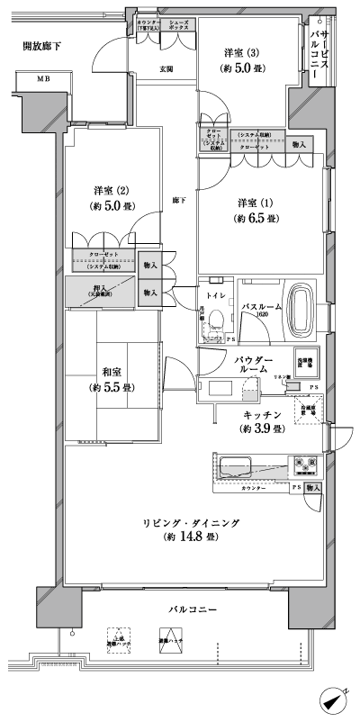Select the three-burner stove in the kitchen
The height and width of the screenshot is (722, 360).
(303, 466)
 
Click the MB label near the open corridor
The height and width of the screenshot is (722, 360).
(43, 80)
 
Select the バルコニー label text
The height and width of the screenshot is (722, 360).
(192, 610)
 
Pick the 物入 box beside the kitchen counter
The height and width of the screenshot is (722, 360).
(311, 487)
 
